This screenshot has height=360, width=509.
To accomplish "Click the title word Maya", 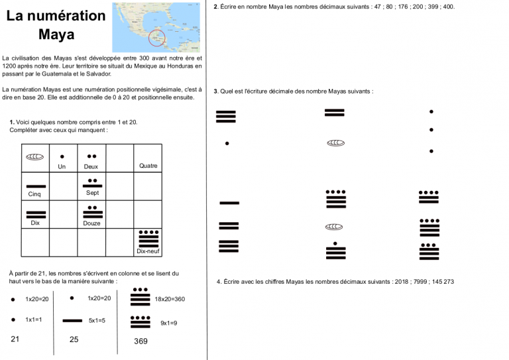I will (56, 34).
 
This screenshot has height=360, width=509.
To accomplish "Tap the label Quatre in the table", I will (148, 166).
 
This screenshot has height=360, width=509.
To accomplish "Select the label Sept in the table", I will (92, 193).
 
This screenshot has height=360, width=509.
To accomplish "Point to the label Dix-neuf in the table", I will (148, 251).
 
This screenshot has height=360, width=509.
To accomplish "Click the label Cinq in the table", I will (34, 194).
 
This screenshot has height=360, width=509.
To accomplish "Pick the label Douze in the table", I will (92, 223).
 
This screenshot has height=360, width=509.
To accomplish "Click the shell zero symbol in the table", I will (34, 157).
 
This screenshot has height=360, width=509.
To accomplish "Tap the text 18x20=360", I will (170, 299).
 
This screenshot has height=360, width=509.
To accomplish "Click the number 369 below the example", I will (141, 341).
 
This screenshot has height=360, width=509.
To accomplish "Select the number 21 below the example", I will (16, 339).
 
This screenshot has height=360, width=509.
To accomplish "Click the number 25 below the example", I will (74, 339).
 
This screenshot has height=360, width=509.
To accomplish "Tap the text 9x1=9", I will (169, 323).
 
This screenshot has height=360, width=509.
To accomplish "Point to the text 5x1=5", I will (97, 320).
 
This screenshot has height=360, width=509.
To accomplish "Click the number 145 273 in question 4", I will (440, 282).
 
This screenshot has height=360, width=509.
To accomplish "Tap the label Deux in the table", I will (91, 167).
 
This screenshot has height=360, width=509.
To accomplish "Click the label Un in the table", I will (62, 167).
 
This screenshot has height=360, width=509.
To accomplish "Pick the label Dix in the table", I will (35, 223).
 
